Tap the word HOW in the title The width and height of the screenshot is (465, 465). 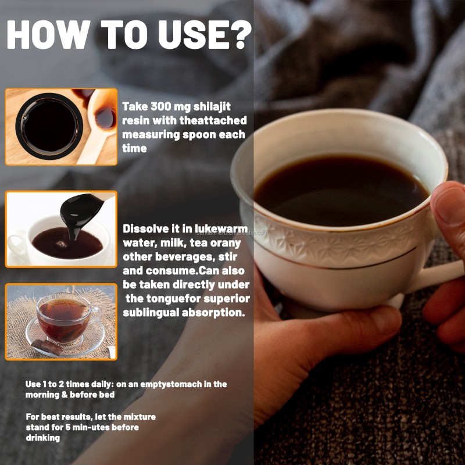click(49, 34)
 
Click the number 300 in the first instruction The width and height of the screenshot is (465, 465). click(160, 106)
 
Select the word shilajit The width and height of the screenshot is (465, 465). click(212, 107)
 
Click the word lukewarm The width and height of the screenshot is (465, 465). click(221, 228)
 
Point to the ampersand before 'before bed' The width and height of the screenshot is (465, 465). click(65, 395)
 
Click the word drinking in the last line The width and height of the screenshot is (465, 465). click(43, 438)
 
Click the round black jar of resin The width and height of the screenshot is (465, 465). click(49, 127)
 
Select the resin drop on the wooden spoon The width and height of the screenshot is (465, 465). click(105, 118)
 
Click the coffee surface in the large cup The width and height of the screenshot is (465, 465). click(341, 191)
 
